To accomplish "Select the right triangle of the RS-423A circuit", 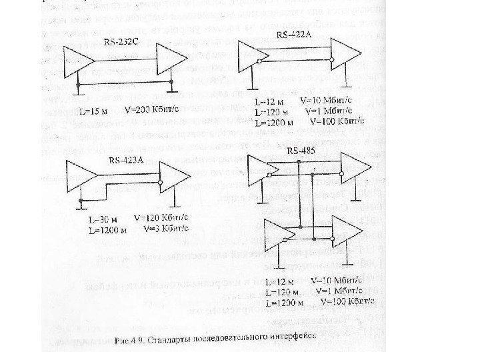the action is tap(173, 179).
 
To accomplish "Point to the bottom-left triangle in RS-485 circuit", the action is tap(279, 236).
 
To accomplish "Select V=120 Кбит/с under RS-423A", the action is tap(162, 217).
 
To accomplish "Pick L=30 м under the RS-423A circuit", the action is tap(97, 217).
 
